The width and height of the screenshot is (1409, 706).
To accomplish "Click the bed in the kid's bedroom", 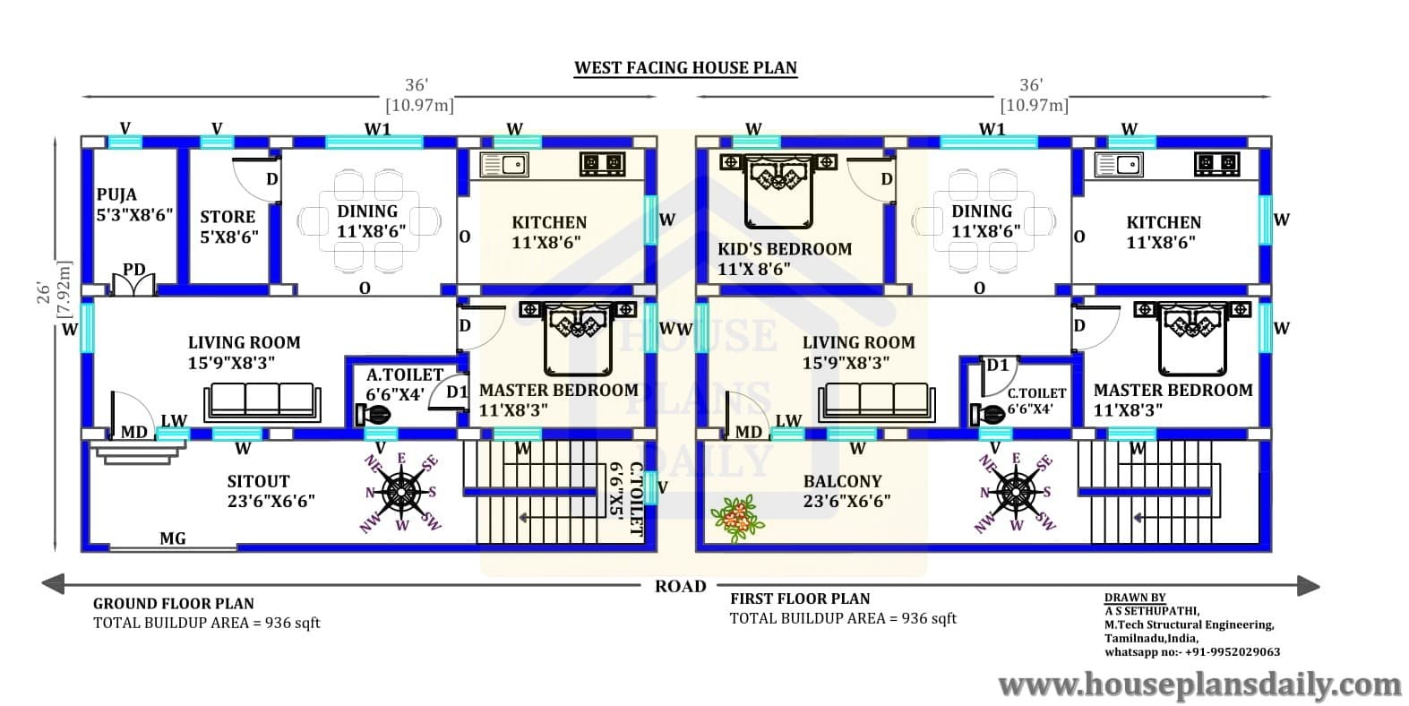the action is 778,190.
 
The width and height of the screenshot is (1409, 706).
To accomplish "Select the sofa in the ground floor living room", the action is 262,402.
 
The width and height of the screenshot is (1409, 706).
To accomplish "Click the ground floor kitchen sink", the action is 504,165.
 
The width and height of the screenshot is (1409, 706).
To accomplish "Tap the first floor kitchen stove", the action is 1217,164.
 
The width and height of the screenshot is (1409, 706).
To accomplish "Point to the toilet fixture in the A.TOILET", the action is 374,415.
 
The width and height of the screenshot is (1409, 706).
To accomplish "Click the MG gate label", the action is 173,538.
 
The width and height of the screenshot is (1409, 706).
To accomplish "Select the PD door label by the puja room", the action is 134,270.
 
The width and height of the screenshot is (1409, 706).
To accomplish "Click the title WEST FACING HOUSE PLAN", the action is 685,68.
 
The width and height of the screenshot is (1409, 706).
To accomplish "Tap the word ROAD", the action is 681,587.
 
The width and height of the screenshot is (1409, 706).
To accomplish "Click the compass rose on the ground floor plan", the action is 401,492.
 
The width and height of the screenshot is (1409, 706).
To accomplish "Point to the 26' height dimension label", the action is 43,293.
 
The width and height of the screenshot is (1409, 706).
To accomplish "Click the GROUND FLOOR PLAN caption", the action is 174,604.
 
